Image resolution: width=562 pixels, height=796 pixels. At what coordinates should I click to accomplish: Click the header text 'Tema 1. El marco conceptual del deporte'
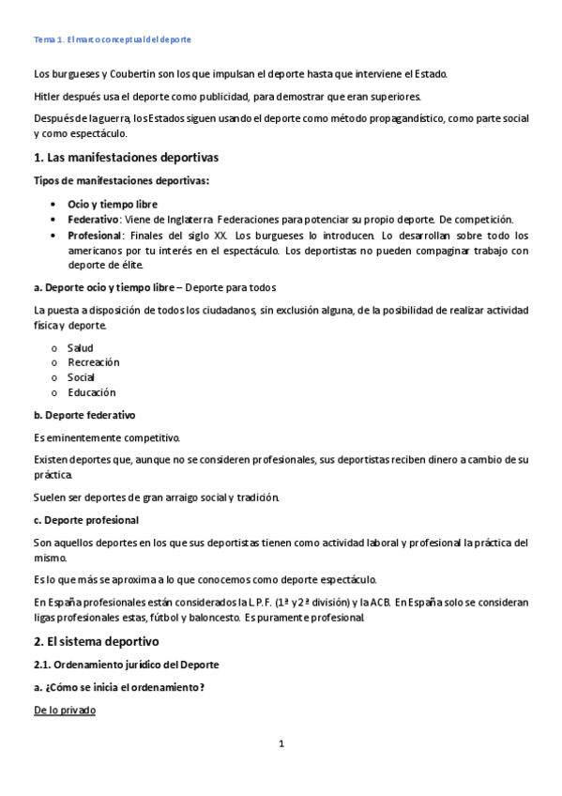112,40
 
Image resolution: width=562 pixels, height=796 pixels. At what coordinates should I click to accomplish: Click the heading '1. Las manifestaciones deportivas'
126,158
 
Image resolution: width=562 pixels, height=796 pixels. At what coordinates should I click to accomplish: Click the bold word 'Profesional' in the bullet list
96,235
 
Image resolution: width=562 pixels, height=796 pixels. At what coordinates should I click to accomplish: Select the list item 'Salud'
81,348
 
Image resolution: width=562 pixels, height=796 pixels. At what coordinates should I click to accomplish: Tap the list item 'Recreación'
94,362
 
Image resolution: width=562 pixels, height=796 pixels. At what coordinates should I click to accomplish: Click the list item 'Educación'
92,392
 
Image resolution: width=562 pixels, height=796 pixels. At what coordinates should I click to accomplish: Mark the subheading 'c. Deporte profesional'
86,520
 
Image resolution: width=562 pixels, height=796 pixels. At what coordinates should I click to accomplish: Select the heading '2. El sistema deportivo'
97,642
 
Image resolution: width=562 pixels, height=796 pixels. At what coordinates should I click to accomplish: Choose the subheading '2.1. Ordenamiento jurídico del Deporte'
126,665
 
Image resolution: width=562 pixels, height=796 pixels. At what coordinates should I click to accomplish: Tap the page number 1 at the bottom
281,744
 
